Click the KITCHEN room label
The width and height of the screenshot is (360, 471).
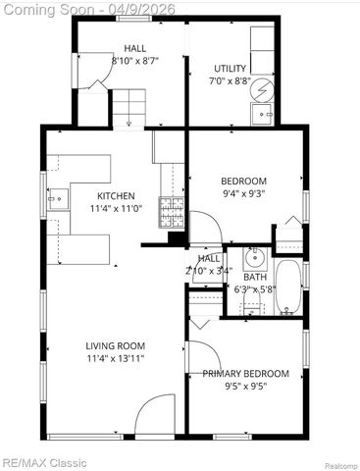(x=117, y=196)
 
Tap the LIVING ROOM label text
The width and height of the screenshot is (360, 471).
(x=116, y=345)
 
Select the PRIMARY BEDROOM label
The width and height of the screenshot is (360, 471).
(x=245, y=374)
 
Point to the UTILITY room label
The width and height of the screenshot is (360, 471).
(x=231, y=69)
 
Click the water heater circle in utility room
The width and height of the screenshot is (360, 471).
(x=262, y=90)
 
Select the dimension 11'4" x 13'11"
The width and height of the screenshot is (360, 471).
(x=116, y=358)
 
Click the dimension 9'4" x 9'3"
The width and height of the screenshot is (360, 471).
(x=243, y=193)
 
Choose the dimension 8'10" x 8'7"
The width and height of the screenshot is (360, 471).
(x=135, y=61)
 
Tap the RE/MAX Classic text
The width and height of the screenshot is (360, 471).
(x=43, y=462)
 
